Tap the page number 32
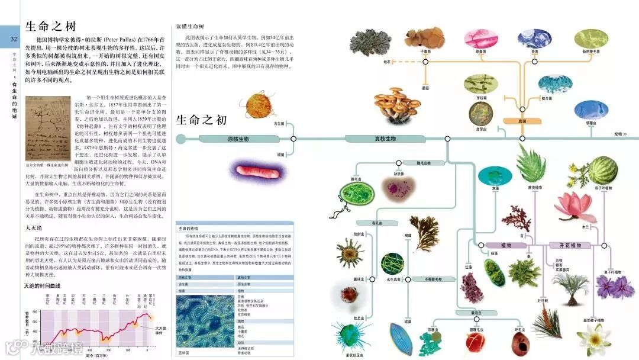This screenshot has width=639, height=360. coord(13,39)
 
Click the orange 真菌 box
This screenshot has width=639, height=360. coord(521,121)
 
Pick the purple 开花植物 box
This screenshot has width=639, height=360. coord(566,245)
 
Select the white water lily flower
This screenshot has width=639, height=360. coord(593,338)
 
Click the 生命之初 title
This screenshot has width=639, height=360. coord(201,120)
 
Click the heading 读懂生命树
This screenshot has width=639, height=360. coord(190,27)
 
